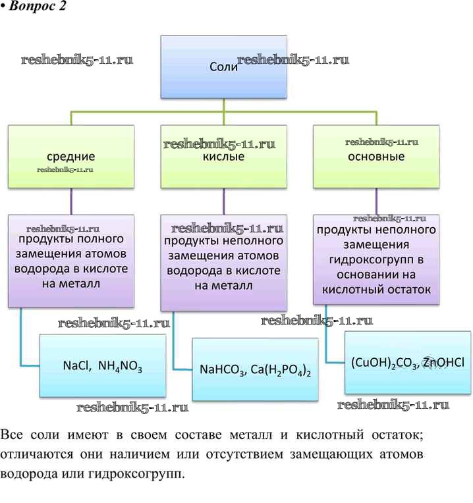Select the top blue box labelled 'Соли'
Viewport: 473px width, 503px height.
click(x=223, y=66)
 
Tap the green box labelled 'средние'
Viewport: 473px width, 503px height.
click(x=70, y=157)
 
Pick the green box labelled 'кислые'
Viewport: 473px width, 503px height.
click(x=223, y=157)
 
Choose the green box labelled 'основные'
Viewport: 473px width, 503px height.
click(x=376, y=157)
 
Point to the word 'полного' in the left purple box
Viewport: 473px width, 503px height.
click(x=108, y=239)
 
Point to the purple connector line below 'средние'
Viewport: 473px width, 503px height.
click(x=70, y=201)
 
